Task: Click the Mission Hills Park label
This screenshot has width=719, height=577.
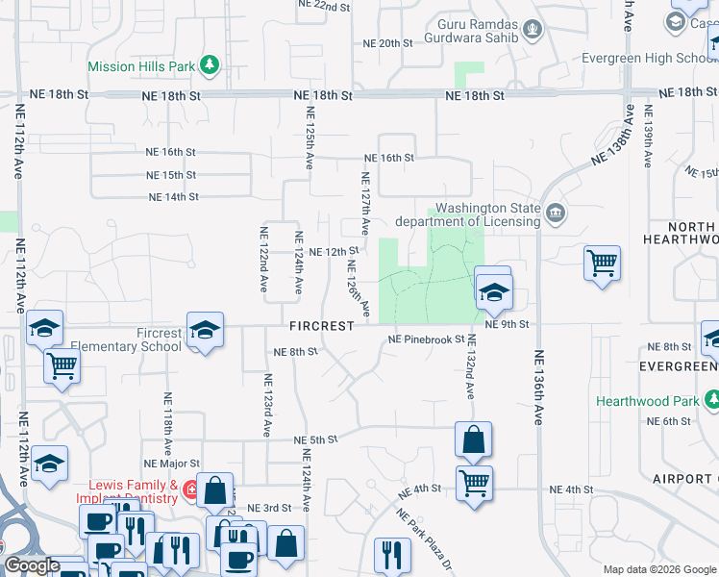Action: point(140,67)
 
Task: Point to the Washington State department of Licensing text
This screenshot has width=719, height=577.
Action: point(487,214)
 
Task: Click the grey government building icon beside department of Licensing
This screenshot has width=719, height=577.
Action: point(556,213)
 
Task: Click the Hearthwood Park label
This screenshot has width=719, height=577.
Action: point(648,400)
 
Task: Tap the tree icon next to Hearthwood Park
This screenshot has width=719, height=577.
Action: point(710,399)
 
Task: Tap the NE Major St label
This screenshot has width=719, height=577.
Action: point(170,464)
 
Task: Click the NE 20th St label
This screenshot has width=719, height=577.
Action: point(387,43)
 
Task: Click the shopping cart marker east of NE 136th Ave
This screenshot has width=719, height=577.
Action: point(602,262)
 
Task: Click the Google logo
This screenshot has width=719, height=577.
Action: point(31,565)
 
